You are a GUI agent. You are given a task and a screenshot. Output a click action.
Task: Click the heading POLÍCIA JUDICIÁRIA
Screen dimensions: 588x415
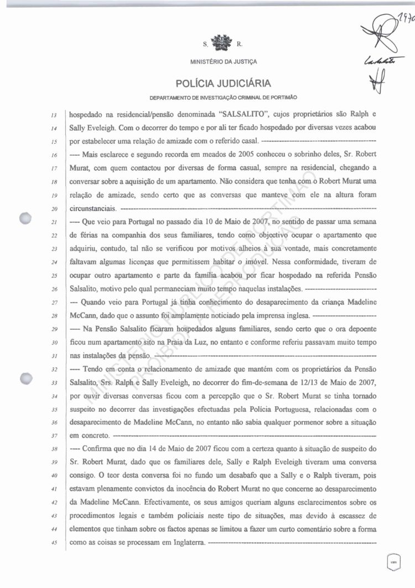223,84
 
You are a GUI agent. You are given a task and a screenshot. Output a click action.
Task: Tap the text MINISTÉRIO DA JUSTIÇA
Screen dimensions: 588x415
223,62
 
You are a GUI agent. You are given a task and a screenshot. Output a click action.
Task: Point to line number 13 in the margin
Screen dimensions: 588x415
54,116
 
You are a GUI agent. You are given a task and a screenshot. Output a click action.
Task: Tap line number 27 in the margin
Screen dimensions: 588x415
54,303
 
